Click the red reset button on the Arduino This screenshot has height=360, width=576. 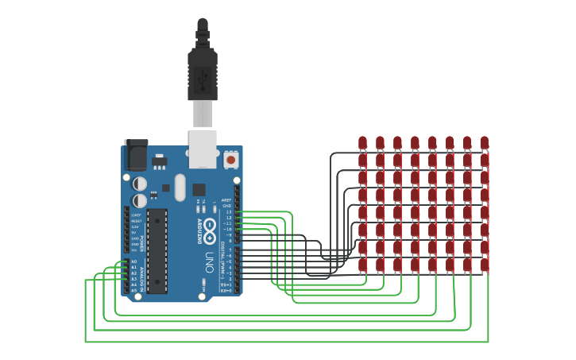[231, 160]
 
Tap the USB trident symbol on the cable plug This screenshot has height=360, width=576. [202, 78]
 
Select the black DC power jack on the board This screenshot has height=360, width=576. [135, 154]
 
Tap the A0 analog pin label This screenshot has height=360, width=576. [134, 261]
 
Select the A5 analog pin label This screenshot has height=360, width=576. [134, 290]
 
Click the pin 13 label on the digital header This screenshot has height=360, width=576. [228, 212]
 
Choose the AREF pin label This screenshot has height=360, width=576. [226, 200]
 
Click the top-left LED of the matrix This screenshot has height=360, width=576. [362, 142]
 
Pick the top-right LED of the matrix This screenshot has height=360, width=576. [485, 142]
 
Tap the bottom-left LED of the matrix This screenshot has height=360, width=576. [362, 265]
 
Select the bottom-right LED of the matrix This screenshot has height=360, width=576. [485, 265]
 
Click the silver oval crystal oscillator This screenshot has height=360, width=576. [180, 188]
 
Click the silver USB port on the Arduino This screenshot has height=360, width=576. [203, 149]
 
